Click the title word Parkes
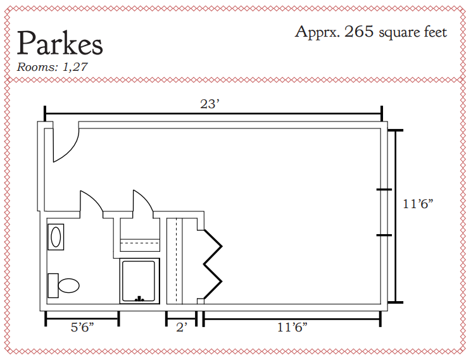tap(60, 43)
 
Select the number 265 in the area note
tap(359, 31)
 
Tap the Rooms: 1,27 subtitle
tap(52, 66)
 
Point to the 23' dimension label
tap(210, 104)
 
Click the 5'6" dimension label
tap(82, 327)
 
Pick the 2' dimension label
tap(182, 327)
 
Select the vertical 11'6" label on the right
tap(418, 204)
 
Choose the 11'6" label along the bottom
tap(292, 327)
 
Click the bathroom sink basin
tap(56, 237)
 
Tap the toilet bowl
tap(69, 285)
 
